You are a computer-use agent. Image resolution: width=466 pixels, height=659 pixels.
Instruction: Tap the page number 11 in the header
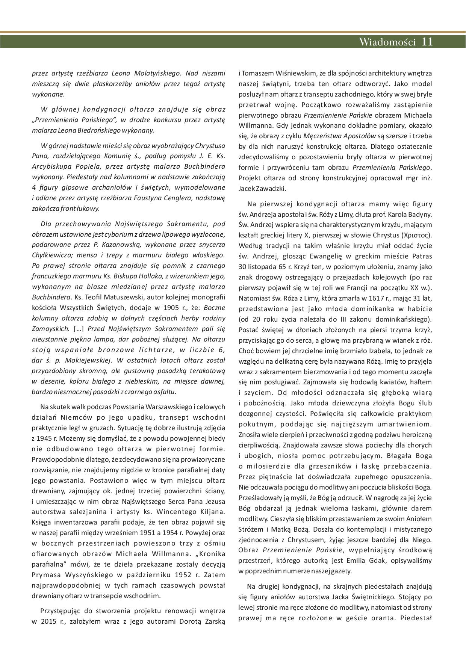pos(427,42)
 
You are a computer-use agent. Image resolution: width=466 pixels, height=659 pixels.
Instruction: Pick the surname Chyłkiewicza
pos(51,255)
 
